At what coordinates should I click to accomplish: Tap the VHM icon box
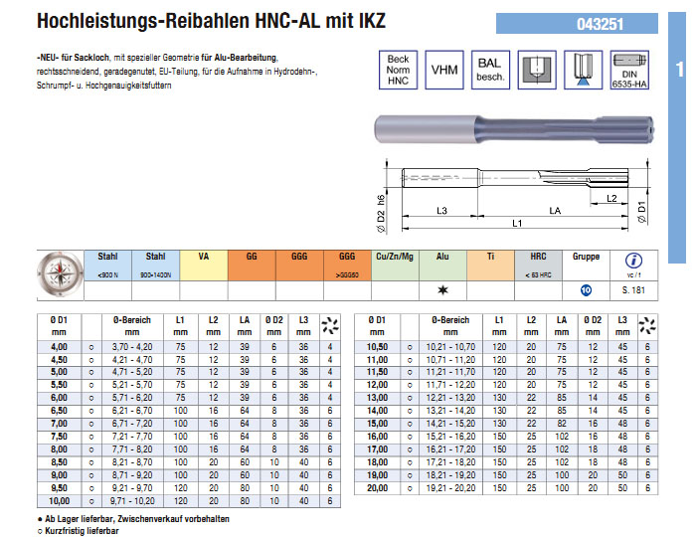pyautogui.click(x=444, y=71)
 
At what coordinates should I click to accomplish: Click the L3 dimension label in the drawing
pyautogui.click(x=443, y=210)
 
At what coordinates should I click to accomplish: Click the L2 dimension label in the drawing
pyautogui.click(x=612, y=199)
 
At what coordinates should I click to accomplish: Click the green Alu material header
pyautogui.click(x=441, y=257)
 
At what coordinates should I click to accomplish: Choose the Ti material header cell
pyautogui.click(x=490, y=257)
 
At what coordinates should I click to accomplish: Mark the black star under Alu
pyautogui.click(x=441, y=290)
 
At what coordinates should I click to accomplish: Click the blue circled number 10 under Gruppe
pyautogui.click(x=587, y=290)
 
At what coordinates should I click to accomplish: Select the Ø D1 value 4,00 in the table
pyautogui.click(x=59, y=345)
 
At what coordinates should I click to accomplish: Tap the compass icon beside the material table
pyautogui.click(x=59, y=273)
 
